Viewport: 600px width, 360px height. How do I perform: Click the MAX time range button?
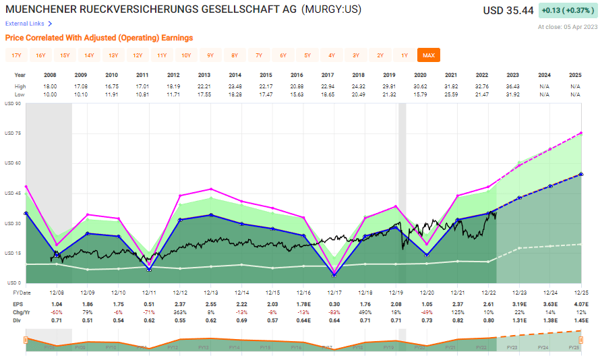click(x=428, y=55)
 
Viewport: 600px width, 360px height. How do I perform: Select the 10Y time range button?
click(x=186, y=55)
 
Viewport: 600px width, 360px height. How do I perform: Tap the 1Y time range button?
click(x=404, y=55)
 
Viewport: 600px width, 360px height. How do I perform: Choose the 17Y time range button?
click(x=16, y=55)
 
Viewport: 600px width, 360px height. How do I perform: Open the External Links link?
click(x=25, y=24)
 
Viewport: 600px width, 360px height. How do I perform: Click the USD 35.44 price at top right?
click(x=508, y=11)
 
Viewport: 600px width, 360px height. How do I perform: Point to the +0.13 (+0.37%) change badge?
click(x=567, y=11)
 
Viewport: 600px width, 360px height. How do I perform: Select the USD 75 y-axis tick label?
click(x=13, y=133)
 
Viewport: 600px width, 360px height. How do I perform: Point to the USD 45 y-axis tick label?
click(x=13, y=193)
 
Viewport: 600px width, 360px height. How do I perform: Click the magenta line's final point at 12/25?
click(x=581, y=133)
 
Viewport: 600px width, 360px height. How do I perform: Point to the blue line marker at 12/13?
click(x=212, y=215)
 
